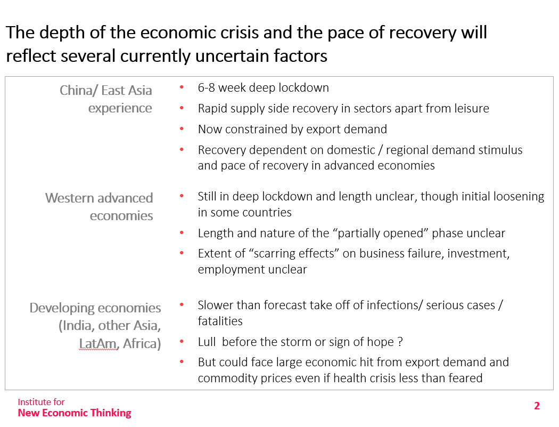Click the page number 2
point(537,406)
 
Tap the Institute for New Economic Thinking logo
point(75,407)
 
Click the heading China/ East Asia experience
point(106,99)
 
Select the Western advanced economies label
point(99,207)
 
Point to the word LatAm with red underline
point(98,343)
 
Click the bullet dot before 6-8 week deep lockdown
point(182,87)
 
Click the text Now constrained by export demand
point(292,129)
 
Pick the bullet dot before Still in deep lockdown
point(182,196)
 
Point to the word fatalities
point(220,321)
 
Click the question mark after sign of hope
point(400,342)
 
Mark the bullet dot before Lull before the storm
point(182,341)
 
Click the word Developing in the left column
point(62,308)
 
